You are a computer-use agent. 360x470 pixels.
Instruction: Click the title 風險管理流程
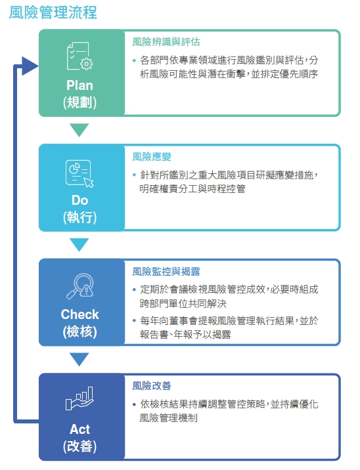coord(53,12)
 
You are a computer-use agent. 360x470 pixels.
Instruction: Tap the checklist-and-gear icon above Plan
coord(79,56)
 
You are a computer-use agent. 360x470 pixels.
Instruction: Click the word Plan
coord(79,85)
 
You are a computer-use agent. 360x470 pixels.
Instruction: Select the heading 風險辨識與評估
coord(166,41)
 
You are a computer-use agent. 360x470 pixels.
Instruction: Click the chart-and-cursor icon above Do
coord(79,173)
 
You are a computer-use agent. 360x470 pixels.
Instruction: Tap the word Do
coord(79,200)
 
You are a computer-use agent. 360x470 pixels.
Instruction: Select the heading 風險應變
coord(152,156)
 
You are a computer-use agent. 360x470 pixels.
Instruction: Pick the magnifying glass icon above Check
coord(79,286)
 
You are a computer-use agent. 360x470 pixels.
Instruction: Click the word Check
coord(79,314)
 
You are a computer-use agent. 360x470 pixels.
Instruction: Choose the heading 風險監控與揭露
coord(166,271)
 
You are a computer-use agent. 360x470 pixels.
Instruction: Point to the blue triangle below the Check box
coord(79,360)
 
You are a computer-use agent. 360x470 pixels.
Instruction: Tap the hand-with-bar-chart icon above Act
coord(79,398)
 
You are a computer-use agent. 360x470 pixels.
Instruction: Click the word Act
coord(79,429)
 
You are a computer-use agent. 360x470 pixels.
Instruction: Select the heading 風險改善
coord(152,385)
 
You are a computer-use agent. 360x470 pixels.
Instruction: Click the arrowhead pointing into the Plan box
coord(30,66)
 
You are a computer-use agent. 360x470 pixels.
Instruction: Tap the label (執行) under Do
coord(79,217)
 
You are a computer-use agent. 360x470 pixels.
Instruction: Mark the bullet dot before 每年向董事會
coord(135,321)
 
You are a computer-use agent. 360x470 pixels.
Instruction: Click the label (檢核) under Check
coord(79,331)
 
